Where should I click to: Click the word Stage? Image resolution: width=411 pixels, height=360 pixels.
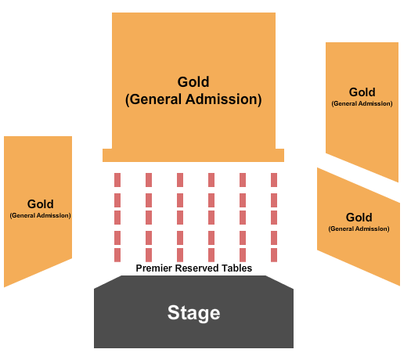point(193,314)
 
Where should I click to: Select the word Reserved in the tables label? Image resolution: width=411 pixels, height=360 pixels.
point(199,268)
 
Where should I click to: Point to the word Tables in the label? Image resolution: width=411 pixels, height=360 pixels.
point(237,268)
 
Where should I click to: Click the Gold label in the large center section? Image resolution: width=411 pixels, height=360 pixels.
point(193,82)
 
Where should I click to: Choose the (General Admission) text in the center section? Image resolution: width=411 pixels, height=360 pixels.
point(193,100)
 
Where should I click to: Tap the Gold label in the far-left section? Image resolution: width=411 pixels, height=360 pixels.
point(40,204)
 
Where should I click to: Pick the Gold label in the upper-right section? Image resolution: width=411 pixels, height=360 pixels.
point(362,92)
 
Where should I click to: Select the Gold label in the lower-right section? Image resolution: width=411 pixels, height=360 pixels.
point(359,218)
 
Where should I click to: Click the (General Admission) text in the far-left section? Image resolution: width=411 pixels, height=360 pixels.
point(40,215)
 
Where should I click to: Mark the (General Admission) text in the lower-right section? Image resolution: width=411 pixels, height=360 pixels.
point(359,229)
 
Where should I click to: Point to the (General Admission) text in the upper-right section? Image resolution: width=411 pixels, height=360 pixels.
point(362,103)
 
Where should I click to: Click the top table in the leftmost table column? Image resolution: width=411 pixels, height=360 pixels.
point(117,179)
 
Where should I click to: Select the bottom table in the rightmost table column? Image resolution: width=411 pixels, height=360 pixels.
point(274,255)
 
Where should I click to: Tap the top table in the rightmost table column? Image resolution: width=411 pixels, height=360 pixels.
point(274,179)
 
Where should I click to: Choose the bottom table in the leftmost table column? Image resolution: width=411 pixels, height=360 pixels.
point(117,255)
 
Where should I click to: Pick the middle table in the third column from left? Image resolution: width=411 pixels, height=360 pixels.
point(180,217)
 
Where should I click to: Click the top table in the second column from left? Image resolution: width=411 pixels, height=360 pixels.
point(149,179)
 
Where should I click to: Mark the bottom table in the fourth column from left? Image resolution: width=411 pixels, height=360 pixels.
point(211,255)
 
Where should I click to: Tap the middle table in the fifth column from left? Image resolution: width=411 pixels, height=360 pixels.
point(243,217)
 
